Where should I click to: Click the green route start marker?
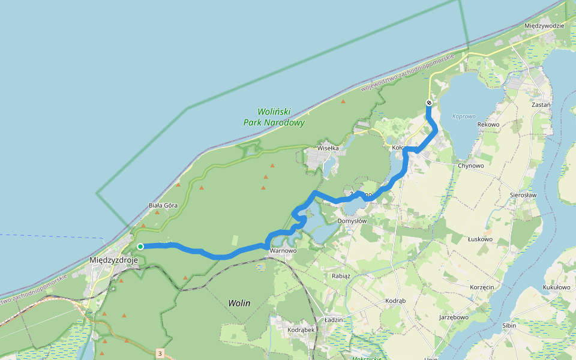pyautogui.click(x=140, y=247)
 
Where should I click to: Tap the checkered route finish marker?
pyautogui.click(x=429, y=103)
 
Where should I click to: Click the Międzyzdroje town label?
pyautogui.click(x=113, y=260)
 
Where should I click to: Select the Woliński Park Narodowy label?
pyautogui.click(x=274, y=117)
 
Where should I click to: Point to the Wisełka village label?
pyautogui.click(x=328, y=148)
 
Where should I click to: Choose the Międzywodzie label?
pyautogui.click(x=544, y=26)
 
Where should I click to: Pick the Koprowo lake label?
pyautogui.click(x=464, y=116)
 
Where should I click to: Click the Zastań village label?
pyautogui.click(x=542, y=104)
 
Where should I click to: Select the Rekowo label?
pyautogui.click(x=488, y=124)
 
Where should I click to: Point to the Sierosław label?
pyautogui.click(x=523, y=195)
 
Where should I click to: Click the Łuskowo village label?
pyautogui.click(x=480, y=239)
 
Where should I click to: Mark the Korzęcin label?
pyautogui.click(x=482, y=287)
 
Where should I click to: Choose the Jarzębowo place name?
pyautogui.click(x=454, y=316)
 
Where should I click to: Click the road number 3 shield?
pyautogui.click(x=160, y=353)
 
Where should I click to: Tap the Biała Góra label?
pyautogui.click(x=163, y=205)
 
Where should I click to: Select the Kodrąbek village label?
pyautogui.click(x=301, y=330)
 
